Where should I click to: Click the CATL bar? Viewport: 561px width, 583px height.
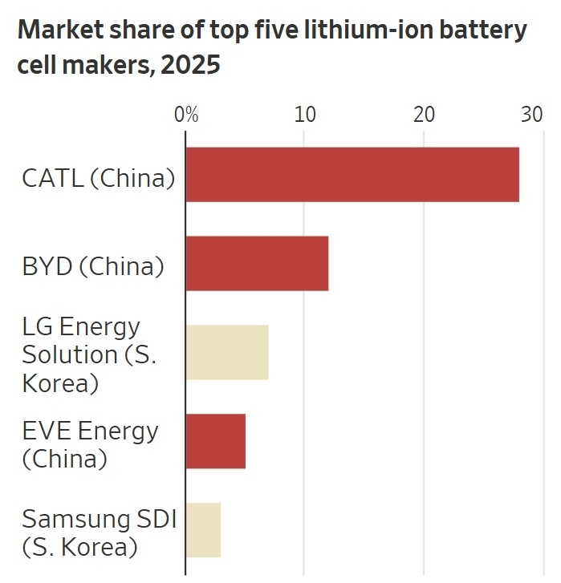pos(352,174)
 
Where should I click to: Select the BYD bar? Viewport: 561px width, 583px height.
pos(257,263)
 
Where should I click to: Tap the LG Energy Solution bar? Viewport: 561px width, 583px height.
pos(226,352)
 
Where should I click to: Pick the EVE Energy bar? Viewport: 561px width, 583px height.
pos(215,441)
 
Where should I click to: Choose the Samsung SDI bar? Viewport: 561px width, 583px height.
pos(203,530)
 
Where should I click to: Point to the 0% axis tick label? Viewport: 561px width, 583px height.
pos(186,115)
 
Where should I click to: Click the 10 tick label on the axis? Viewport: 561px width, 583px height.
pos(304,115)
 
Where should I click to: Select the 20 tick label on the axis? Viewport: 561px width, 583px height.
pos(424,115)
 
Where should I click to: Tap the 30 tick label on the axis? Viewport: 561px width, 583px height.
pos(531,115)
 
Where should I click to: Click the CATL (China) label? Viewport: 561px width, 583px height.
pos(98,178)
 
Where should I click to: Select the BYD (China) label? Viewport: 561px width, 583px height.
pos(92,266)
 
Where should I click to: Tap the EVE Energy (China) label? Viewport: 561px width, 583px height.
pos(90,444)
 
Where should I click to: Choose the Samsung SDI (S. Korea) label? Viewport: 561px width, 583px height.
pos(98,532)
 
